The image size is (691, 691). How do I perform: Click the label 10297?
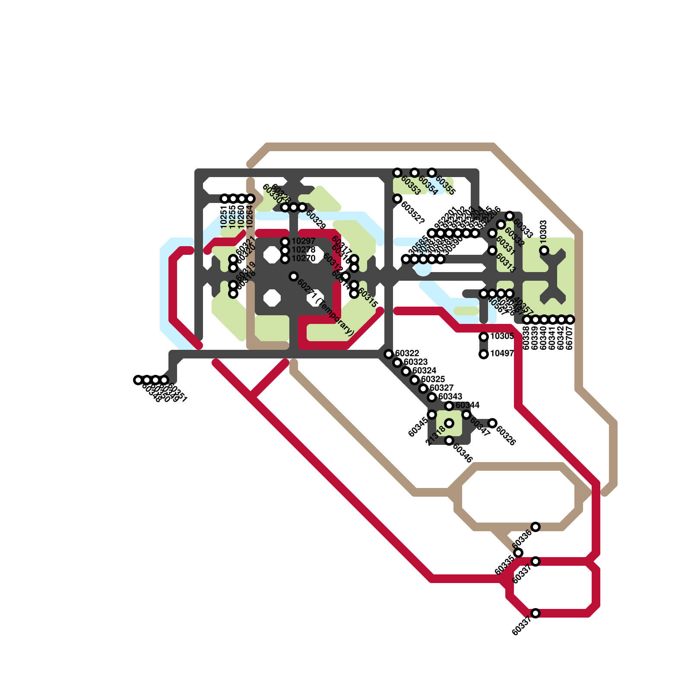[x=303, y=241]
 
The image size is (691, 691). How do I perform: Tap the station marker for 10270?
[x=285, y=259]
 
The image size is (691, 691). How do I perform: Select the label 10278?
[x=303, y=250]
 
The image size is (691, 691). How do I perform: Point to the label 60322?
[x=407, y=354]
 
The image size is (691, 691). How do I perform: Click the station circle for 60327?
[x=423, y=389]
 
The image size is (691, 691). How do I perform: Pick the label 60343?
[x=450, y=397]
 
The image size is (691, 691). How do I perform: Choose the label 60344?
[x=467, y=406]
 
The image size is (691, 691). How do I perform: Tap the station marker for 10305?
[x=484, y=337]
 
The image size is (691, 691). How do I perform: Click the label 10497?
[x=502, y=354]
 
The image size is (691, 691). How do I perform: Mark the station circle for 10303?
[x=544, y=250]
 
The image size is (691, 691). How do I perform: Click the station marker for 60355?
[x=432, y=173]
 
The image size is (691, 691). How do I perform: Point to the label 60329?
[x=315, y=220]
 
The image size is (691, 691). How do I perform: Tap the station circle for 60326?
[x=492, y=423]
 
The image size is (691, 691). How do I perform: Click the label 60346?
[x=462, y=453]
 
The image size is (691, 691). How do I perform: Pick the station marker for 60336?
[x=536, y=527]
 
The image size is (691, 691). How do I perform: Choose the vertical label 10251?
[x=224, y=217]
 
